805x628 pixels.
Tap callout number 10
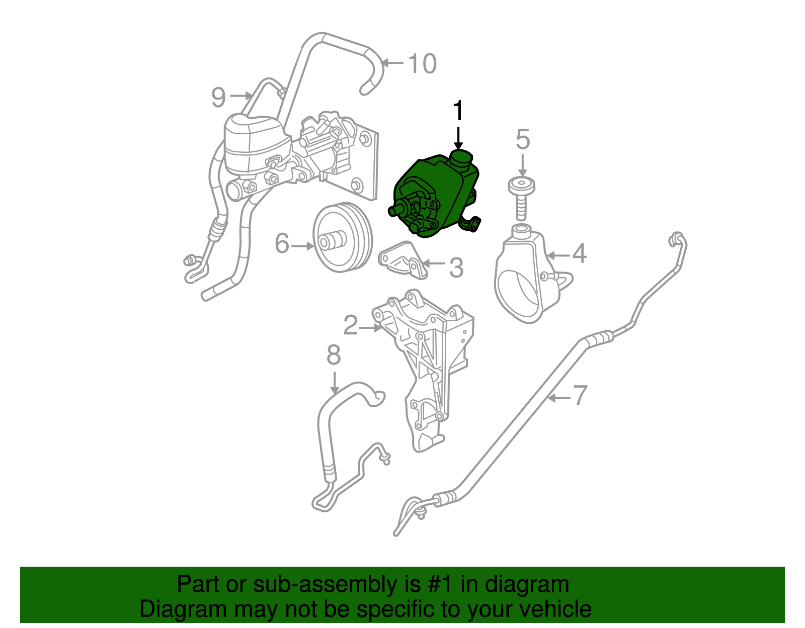click(422, 64)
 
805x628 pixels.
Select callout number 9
click(218, 97)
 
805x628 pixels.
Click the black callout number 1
click(457, 111)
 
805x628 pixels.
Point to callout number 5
click(523, 139)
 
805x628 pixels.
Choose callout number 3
click(456, 267)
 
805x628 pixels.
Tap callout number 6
click(282, 244)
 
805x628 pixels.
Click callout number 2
click(350, 325)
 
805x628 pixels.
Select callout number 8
click(334, 355)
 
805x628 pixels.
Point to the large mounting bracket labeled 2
click(428, 362)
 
